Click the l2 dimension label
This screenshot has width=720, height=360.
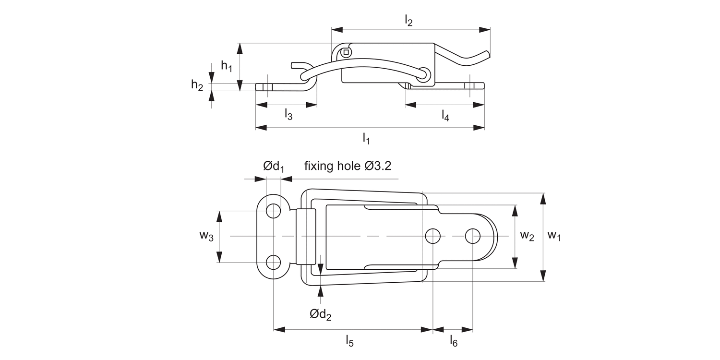tap(408, 21)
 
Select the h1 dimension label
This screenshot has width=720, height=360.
tap(227, 66)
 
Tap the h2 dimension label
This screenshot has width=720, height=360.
tap(197, 85)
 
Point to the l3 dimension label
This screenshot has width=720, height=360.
tap(288, 114)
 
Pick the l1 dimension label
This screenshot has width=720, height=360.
tap(366, 139)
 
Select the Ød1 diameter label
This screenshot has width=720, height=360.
tap(274, 167)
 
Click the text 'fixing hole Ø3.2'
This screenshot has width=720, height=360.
tap(348, 166)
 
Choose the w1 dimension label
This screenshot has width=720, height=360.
tap(554, 235)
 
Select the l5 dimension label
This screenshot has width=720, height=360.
tap(349, 341)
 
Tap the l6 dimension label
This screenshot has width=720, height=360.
tap(454, 341)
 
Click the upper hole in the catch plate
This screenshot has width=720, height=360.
tap(274, 210)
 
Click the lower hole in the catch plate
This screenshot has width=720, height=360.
tap(274, 262)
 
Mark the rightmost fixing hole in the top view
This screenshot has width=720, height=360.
tap(473, 236)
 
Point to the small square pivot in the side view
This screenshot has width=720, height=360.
tap(346, 52)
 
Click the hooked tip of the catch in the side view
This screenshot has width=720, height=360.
tap(296, 65)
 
